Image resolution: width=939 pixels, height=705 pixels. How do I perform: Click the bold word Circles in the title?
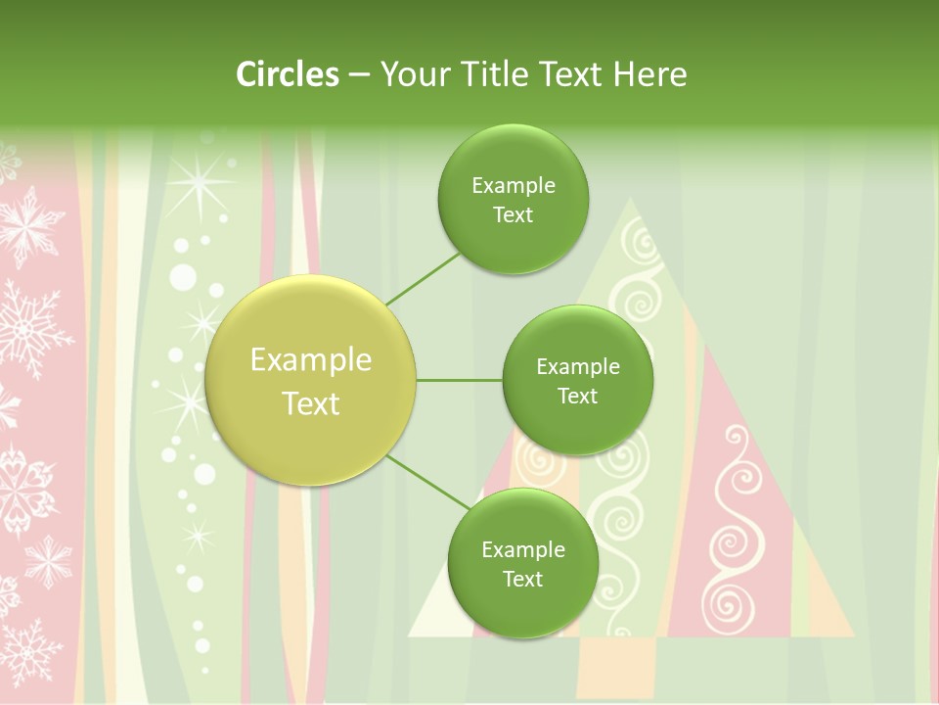click(287, 74)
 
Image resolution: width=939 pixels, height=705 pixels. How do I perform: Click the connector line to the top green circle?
click(423, 278)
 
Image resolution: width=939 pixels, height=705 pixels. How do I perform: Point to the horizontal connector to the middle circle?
click(459, 380)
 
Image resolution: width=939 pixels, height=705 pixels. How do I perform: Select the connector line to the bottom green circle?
click(427, 482)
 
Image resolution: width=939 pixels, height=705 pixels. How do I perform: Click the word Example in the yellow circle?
click(311, 360)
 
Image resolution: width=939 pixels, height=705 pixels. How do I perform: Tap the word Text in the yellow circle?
click(311, 403)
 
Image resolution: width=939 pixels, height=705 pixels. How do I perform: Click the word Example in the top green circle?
click(514, 186)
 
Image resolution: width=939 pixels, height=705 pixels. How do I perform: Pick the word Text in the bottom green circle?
click(522, 579)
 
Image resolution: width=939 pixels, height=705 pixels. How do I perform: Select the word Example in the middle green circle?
click(578, 367)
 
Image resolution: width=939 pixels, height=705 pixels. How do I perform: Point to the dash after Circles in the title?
click(359, 74)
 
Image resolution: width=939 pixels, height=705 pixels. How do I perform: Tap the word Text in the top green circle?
click(514, 215)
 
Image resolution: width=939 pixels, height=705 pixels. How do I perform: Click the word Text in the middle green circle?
click(578, 397)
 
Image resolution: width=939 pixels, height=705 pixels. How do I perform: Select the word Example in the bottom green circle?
click(523, 549)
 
